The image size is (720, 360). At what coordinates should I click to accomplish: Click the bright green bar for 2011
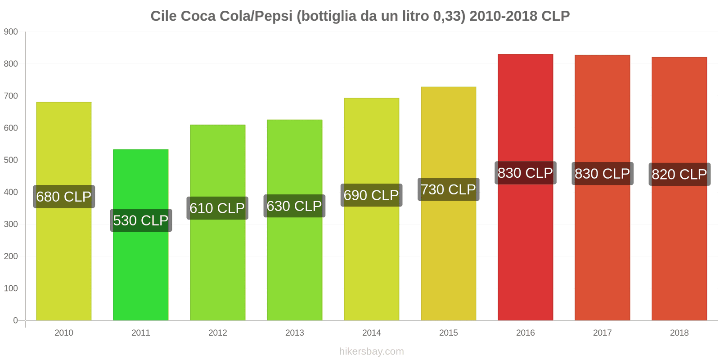pyautogui.click(x=140, y=270)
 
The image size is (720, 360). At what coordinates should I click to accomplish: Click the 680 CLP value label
pyautogui.click(x=64, y=197)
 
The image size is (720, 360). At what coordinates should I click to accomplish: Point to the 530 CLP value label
pyautogui.click(x=141, y=220)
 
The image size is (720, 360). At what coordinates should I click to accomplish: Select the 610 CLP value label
pyautogui.click(x=217, y=208)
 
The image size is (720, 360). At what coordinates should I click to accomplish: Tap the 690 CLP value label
pyautogui.click(x=371, y=195)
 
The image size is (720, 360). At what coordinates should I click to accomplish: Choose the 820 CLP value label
pyautogui.click(x=679, y=174)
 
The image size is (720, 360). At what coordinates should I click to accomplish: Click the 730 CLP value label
pyautogui.click(x=448, y=189)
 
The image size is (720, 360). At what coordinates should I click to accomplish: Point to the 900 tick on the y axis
pyautogui.click(x=11, y=32)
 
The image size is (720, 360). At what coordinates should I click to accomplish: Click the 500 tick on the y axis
pyautogui.click(x=11, y=160)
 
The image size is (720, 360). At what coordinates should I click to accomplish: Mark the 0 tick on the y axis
pyautogui.click(x=15, y=320)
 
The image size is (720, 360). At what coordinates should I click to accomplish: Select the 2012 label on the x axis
pyautogui.click(x=217, y=333)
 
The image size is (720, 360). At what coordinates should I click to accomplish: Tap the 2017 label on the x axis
pyautogui.click(x=602, y=333)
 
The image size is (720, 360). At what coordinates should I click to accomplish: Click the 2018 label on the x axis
pyautogui.click(x=679, y=333)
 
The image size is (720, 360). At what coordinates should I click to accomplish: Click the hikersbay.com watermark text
pyautogui.click(x=371, y=351)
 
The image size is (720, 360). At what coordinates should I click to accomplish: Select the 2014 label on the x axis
pyautogui.click(x=371, y=333)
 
